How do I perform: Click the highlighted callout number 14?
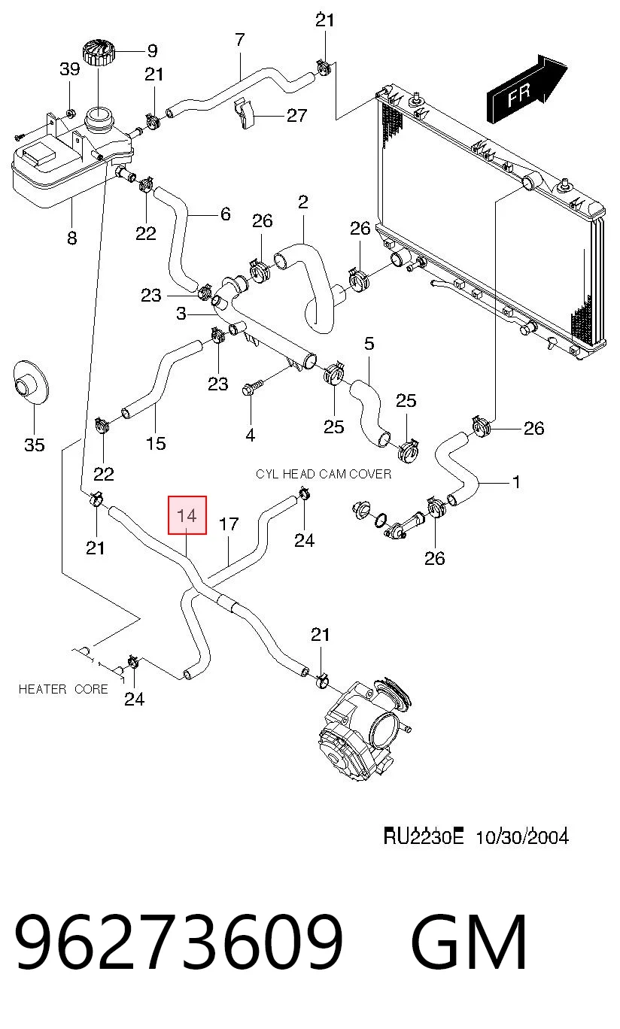187,515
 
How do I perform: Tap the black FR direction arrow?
527,89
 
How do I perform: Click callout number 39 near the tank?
70,69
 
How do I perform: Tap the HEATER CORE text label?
63,689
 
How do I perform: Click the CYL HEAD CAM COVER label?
324,474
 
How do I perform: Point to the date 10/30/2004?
522,836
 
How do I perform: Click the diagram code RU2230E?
424,836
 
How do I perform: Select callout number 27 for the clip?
296,115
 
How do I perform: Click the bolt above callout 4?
253,387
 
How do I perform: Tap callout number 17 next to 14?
229,524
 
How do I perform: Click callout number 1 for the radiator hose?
517,482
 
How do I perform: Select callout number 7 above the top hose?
239,40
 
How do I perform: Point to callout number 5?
369,344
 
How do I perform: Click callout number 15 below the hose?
156,444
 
